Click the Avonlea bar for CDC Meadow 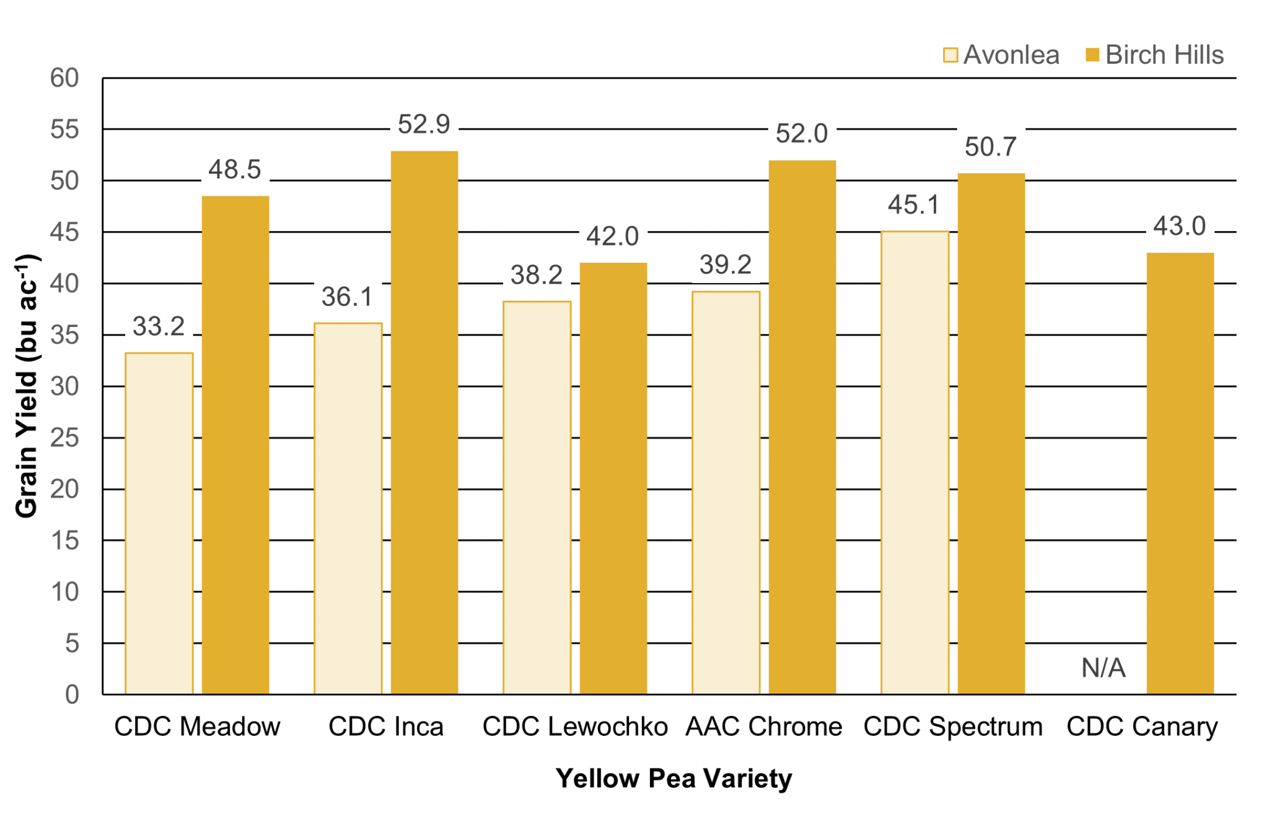(x=159, y=523)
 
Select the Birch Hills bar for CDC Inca (x=424, y=422)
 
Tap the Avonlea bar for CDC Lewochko (x=537, y=497)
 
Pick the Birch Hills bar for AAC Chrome (x=802, y=427)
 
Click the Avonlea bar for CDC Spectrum (x=915, y=462)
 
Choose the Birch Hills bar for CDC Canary (x=1180, y=473)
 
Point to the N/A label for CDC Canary (x=1103, y=668)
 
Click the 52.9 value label (x=424, y=124)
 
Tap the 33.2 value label (x=159, y=326)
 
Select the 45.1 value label (x=914, y=205)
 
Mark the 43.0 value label (x=1179, y=226)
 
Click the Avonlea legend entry (x=1001, y=55)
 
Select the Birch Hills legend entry (x=1155, y=55)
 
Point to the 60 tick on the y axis (x=64, y=78)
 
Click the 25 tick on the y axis (x=64, y=438)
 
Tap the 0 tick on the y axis (x=72, y=694)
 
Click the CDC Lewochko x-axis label (x=575, y=726)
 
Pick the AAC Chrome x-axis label (x=764, y=726)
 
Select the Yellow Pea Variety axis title (x=674, y=779)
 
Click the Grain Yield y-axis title (x=27, y=385)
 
